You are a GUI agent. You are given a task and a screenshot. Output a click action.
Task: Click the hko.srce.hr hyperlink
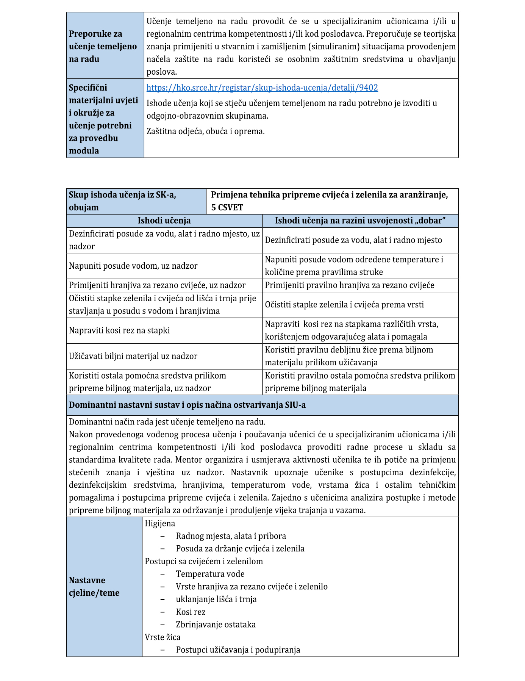[262, 88]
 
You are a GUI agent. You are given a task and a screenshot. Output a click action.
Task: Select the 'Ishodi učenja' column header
[164, 221]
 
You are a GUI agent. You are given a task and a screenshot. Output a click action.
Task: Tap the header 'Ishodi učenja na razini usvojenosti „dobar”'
[360, 221]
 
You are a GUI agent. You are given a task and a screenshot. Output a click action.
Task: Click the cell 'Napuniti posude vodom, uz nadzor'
[133, 266]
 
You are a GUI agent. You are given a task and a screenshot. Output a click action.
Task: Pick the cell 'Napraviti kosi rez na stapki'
[119, 330]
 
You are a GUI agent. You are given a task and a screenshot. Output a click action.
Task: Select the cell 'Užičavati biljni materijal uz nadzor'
[133, 356]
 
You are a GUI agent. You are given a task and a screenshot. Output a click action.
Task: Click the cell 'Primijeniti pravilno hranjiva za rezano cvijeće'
[349, 285]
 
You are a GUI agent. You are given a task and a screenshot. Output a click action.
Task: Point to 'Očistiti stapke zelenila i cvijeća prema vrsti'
[344, 305]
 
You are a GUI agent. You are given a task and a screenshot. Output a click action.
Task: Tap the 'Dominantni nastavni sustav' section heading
[187, 405]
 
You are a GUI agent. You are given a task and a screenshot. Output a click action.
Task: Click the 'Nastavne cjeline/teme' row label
[94, 586]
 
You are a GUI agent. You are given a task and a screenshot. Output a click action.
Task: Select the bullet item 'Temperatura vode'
[210, 574]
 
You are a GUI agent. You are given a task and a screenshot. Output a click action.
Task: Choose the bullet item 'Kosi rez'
[191, 612]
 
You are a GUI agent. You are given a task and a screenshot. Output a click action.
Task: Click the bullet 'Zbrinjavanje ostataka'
[216, 624]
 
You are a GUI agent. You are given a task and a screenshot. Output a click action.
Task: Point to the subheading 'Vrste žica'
[162, 637]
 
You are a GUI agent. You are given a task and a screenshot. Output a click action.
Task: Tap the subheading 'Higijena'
[160, 523]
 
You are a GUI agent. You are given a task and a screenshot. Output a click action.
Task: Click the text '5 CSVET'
[227, 207]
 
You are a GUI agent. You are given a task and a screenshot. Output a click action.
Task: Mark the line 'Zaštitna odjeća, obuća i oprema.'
[205, 132]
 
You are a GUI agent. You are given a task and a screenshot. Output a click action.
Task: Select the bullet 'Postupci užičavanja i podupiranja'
[238, 650]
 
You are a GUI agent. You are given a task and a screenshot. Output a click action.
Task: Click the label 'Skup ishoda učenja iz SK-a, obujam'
[122, 201]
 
